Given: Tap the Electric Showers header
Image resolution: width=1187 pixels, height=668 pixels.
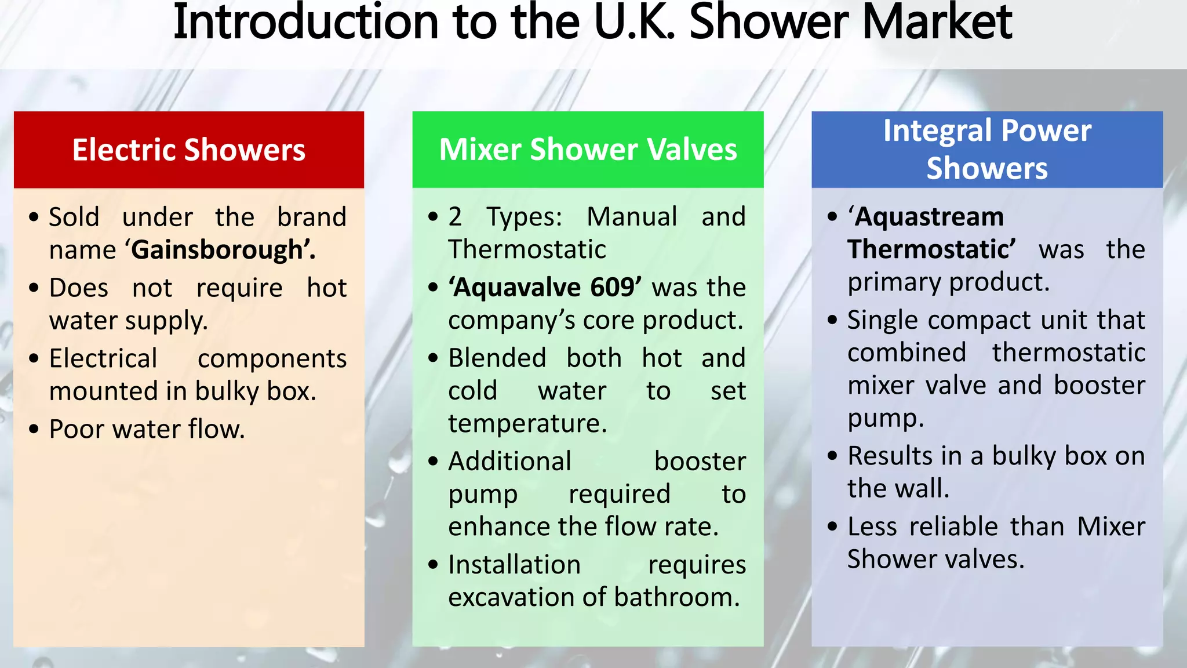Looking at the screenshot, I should tap(189, 150).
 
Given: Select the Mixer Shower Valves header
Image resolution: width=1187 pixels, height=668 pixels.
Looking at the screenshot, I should tap(588, 150).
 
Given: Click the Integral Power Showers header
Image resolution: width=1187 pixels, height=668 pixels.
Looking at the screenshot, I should tap(987, 149).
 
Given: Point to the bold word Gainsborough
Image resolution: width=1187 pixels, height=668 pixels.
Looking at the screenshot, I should tap(217, 250).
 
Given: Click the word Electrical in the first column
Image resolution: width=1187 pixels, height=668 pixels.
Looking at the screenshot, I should tap(103, 358).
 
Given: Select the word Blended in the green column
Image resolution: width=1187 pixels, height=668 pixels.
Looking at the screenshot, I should tap(497, 358).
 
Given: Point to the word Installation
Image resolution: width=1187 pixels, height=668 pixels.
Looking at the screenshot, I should tap(514, 565).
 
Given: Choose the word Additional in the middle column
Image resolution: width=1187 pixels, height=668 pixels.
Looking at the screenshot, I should tap(509, 462).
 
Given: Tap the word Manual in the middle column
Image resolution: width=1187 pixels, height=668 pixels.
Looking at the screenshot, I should tap(632, 217).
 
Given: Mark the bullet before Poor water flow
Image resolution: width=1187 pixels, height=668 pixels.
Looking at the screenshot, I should tap(34, 430).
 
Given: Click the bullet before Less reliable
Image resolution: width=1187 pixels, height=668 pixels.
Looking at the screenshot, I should tap(833, 527).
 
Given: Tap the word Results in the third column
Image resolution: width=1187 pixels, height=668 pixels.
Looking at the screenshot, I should tap(887, 456).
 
